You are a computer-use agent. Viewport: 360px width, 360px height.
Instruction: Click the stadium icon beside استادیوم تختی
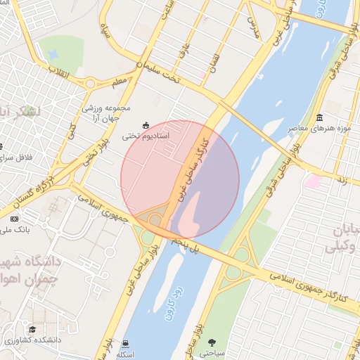tap(146, 125)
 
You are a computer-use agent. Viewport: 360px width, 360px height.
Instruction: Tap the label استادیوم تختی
tap(145, 136)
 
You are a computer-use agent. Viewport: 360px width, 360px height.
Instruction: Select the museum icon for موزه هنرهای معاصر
tap(320, 117)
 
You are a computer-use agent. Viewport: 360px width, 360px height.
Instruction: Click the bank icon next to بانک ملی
tap(14, 219)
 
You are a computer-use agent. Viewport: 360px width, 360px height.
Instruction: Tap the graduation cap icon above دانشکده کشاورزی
tap(32, 329)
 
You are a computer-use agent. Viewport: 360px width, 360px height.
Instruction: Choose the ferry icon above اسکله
tap(125, 344)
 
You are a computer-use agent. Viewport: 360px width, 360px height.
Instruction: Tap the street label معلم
tap(120, 82)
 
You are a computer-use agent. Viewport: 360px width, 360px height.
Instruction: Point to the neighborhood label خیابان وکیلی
tap(342, 239)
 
